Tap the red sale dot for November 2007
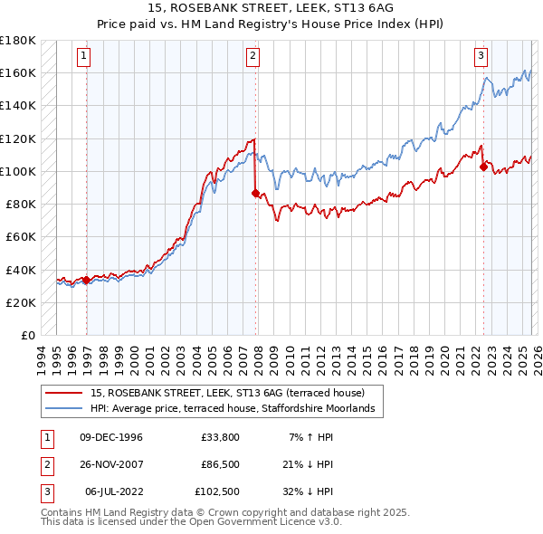(255, 193)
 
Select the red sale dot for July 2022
(483, 167)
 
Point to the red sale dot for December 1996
(86, 280)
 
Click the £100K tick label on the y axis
(18, 171)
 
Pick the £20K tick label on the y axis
(21, 302)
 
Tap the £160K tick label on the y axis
(18, 72)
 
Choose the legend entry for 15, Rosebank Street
(226, 393)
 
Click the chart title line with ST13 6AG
(271, 10)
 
